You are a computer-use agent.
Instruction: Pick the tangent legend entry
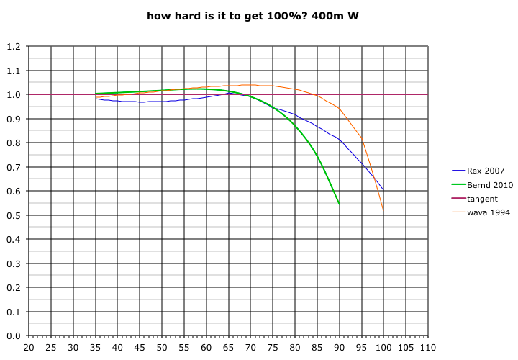pos(482,199)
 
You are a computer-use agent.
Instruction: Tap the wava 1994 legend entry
pos(488,212)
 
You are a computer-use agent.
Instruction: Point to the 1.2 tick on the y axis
pos(13,47)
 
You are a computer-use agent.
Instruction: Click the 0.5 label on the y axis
pos(13,215)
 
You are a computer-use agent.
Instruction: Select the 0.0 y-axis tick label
pos(13,336)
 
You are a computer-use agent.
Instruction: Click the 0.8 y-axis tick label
pos(13,143)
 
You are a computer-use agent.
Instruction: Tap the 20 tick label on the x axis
pos(29,347)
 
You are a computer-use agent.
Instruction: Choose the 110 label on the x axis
pos(428,347)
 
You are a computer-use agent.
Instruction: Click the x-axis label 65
pos(228,347)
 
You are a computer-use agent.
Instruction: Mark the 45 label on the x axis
pos(140,347)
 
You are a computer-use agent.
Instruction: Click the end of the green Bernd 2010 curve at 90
pos(339,204)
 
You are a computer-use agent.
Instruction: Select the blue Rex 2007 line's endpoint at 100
pos(383,191)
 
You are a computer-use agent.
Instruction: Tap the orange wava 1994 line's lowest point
pos(383,212)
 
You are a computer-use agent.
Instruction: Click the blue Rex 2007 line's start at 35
pos(96,99)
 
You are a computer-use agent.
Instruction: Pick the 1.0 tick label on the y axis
pos(13,95)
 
